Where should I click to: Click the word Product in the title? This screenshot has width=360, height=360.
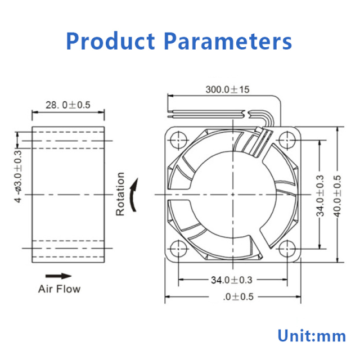point(110,41)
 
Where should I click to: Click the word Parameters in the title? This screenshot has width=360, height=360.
point(228,41)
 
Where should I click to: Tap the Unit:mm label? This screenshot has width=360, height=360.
point(312,336)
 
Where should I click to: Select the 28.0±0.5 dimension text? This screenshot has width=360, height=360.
point(68,105)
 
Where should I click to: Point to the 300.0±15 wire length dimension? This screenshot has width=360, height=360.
point(227,89)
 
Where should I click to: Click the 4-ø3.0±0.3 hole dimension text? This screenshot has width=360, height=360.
point(19,177)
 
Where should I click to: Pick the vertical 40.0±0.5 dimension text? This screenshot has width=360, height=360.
point(337,196)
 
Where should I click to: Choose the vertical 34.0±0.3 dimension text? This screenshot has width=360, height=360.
point(320,196)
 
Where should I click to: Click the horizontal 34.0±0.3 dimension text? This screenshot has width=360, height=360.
point(232,280)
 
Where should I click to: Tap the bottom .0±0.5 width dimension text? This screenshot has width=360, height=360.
point(238,297)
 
